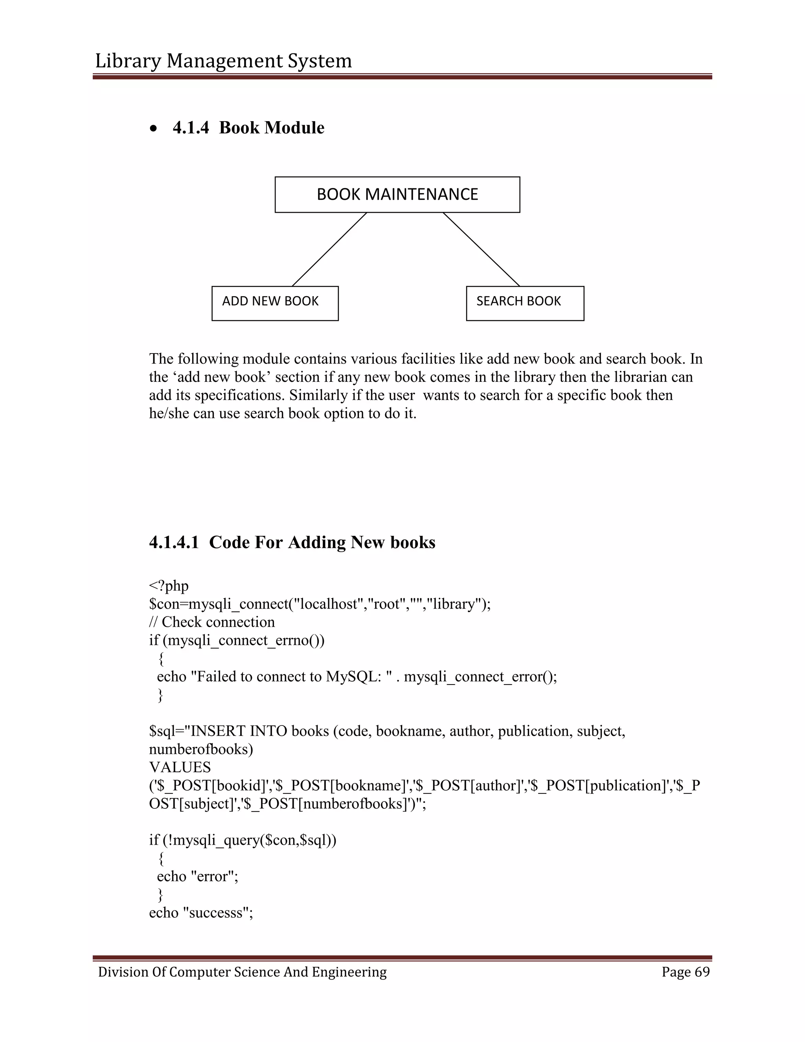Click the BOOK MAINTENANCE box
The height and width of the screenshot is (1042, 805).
coord(397,195)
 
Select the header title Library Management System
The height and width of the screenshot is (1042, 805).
coord(223,61)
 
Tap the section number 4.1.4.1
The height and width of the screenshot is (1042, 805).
coord(174,543)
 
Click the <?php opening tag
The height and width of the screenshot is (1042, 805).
coord(169,586)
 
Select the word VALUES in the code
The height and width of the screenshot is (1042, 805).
coord(180,767)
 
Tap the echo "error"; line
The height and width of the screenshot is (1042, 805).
coord(197,876)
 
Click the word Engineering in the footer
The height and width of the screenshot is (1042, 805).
coord(349,972)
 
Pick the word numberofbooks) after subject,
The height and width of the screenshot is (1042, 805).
coord(201,749)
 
